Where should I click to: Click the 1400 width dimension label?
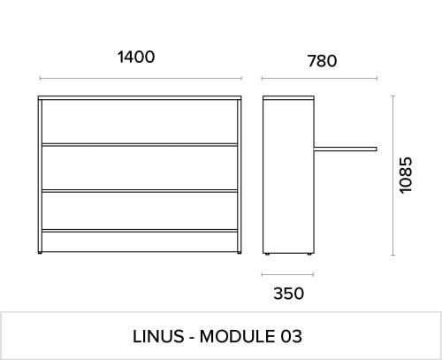(136, 57)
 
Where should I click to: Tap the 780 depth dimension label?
(322, 61)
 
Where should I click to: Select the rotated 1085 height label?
(406, 175)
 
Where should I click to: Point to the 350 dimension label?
(288, 294)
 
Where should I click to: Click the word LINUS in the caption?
(158, 336)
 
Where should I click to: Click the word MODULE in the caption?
(238, 336)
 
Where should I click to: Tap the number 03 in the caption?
(291, 336)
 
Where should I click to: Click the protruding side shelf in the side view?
(346, 149)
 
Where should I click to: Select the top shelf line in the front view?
(140, 145)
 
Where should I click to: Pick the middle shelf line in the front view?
(140, 191)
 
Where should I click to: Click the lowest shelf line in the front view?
(140, 231)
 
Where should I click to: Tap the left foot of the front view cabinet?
(40, 253)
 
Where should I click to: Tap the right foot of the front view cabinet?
(240, 253)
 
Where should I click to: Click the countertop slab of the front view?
(140, 97)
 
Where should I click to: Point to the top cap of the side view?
(288, 97)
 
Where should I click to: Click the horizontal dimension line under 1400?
(141, 79)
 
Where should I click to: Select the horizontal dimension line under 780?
(319, 79)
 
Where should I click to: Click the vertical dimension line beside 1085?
(392, 175)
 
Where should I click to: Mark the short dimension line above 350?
(287, 275)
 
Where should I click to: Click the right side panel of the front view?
(240, 176)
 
